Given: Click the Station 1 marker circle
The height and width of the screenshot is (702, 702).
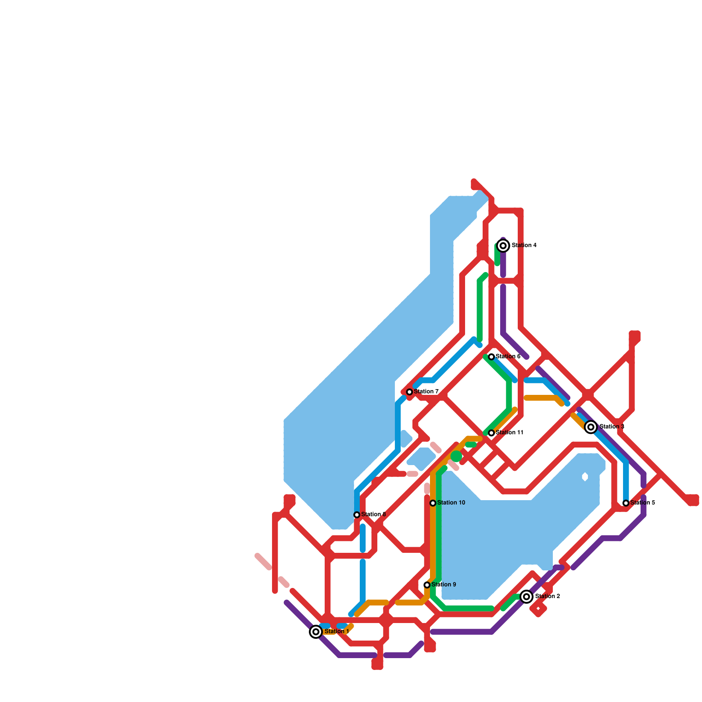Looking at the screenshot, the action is tap(316, 632).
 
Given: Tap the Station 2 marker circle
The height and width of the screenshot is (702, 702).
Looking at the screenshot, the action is tap(526, 597).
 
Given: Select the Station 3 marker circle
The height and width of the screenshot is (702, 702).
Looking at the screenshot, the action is tap(591, 427).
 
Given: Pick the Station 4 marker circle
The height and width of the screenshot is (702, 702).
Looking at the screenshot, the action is tap(503, 246).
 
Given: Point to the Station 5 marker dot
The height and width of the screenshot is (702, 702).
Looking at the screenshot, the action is tap(626, 503).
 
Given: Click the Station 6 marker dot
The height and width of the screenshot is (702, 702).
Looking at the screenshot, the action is tap(491, 357).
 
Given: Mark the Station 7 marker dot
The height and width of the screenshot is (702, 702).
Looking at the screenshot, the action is tap(409, 392).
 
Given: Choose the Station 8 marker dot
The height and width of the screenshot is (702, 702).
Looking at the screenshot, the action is tap(357, 515).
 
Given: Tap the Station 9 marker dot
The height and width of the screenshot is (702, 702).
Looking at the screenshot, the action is tap(427, 585).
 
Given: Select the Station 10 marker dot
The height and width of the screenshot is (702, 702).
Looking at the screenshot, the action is tap(433, 503).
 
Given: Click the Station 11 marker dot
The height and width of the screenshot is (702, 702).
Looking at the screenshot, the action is tap(491, 433).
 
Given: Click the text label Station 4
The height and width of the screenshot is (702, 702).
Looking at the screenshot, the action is tap(524, 245).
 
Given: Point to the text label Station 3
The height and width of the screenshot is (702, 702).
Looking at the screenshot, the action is tap(612, 427).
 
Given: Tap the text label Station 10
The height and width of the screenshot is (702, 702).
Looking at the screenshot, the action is tap(451, 503).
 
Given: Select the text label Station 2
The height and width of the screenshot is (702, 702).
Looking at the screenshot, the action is tap(547, 597).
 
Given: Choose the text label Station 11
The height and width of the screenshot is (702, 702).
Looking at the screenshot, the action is tap(509, 433).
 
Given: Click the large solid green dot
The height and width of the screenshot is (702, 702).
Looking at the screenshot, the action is tap(456, 456).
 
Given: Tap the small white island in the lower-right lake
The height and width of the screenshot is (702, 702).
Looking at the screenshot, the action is tap(585, 477).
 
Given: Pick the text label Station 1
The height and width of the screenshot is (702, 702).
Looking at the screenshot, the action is tap(337, 632).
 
